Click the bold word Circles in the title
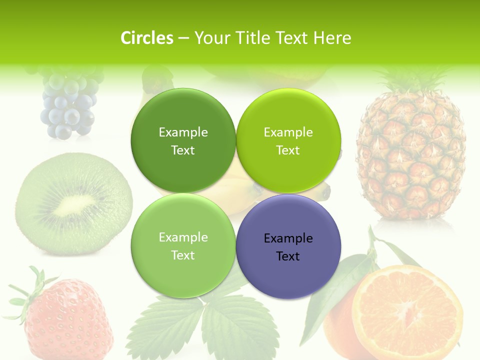click(146, 38)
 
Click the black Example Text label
click(288, 247)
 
